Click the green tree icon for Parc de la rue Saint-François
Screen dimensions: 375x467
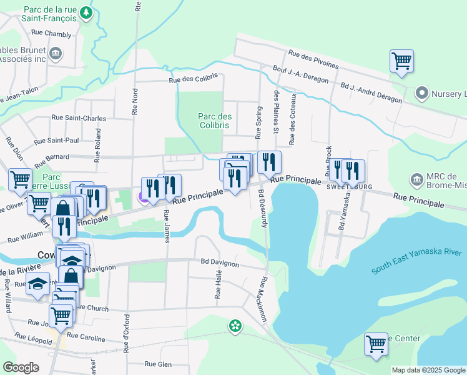(87, 13)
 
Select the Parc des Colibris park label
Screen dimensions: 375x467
(215, 121)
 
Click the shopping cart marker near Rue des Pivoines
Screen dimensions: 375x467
(401, 62)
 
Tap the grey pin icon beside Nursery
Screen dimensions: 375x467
(422, 94)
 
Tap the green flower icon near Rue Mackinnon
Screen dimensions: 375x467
(235, 326)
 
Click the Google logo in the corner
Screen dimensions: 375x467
(21, 367)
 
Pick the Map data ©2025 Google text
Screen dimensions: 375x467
(428, 370)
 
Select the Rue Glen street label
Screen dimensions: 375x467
(157, 364)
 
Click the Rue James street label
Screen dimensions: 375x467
(166, 226)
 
